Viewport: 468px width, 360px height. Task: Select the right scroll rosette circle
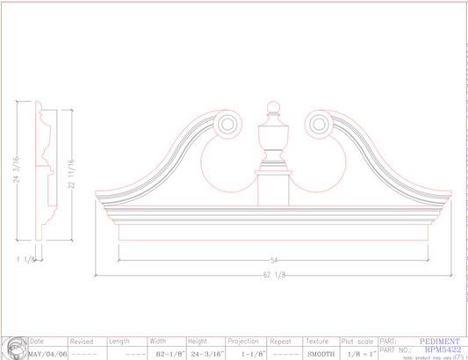tap(317, 124)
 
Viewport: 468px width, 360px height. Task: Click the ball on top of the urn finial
tap(272, 110)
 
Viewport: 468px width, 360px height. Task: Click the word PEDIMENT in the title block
tap(439, 341)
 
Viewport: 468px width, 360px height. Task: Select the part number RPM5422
tap(436, 349)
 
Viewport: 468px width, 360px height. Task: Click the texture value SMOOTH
tap(320, 354)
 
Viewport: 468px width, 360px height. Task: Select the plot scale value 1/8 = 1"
tap(358, 354)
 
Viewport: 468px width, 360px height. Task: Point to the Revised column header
tap(82, 342)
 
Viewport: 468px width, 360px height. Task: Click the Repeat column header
tap(281, 342)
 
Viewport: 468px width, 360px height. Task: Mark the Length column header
tap(119, 342)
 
